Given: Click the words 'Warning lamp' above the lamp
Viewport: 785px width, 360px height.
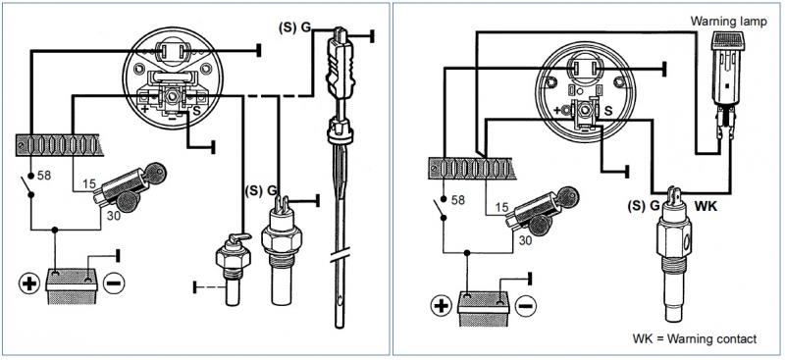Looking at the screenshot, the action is coord(728,22).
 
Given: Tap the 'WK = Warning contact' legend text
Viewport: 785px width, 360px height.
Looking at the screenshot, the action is coord(695,338).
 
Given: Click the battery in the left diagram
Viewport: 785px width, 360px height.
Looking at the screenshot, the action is coord(71,285).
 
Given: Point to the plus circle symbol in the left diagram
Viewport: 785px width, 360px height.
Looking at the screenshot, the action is coord(29,283).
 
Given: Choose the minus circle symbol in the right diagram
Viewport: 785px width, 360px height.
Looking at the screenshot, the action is coord(525,305).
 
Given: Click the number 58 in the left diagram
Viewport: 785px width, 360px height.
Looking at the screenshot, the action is coord(44,177).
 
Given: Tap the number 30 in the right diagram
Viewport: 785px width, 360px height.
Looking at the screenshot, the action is coord(525,240).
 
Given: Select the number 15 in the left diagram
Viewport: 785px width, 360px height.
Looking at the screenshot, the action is coord(89,184).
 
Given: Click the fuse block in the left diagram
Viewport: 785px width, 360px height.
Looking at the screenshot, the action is coord(59,145).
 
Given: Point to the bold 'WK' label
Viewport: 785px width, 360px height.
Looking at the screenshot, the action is coord(706,205).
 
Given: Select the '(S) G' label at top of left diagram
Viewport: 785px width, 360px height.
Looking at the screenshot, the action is coord(294,28).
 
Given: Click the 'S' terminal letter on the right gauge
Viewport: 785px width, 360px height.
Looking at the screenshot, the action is coord(608,110).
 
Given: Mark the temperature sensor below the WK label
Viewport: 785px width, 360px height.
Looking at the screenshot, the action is coord(673,254).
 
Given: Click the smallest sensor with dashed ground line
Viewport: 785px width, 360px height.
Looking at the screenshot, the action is coord(233,270).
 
